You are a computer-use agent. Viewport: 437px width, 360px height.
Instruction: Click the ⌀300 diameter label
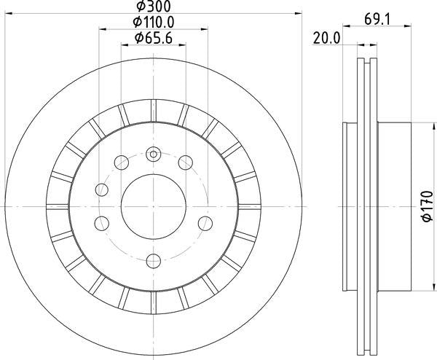(x=154, y=7)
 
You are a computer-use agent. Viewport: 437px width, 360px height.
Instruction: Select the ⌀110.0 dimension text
(x=154, y=22)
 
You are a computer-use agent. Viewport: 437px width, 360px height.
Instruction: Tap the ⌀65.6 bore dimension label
(x=154, y=38)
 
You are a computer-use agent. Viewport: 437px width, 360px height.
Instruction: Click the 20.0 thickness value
(x=326, y=38)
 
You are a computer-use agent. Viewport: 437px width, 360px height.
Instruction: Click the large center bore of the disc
(x=154, y=207)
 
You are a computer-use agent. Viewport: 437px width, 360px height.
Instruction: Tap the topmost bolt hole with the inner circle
(x=154, y=154)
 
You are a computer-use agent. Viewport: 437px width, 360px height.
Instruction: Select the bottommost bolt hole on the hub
(x=154, y=261)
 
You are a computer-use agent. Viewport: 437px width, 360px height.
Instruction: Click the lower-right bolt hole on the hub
(x=205, y=224)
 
